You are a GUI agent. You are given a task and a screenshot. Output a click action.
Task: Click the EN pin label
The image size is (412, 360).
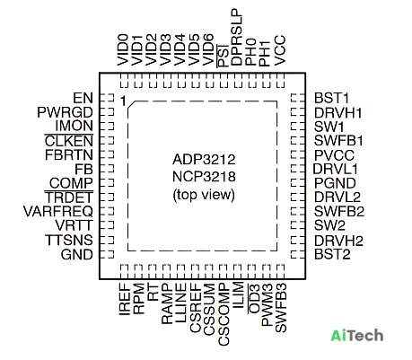coord(83,98)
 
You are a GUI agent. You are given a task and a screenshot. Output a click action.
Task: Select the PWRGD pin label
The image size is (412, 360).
coord(66,112)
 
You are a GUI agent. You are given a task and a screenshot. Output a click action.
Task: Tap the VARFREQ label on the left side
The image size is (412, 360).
coord(58,212)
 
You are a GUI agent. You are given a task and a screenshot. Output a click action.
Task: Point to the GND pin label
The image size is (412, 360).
coord(77,255)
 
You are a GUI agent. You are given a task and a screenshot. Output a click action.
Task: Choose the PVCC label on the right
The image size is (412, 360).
coord(334,155)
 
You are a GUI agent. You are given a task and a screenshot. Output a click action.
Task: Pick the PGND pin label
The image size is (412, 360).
coord(335,183)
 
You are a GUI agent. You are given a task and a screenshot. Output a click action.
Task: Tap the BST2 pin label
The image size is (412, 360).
coord(332,254)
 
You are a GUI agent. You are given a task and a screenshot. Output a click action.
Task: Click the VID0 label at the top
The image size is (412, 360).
coord(123,50)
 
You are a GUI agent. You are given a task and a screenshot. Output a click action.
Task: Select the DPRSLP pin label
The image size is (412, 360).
coord(236,37)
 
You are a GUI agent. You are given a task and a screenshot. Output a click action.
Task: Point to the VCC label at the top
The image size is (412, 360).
coord(280,50)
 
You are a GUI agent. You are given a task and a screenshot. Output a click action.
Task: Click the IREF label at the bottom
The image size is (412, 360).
coord(125,299)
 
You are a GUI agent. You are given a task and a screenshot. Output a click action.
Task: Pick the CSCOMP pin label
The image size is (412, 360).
coord(224,314)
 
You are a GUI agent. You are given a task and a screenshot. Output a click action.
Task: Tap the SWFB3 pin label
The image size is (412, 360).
coord(281,308)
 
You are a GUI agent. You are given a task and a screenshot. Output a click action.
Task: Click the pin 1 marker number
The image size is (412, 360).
coord(123,101)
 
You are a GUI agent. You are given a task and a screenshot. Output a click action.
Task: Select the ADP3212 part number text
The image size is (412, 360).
coord(204,160)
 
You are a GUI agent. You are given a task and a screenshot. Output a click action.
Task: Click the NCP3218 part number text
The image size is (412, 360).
coord(204,177)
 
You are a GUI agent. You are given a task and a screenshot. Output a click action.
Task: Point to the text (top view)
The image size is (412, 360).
coord(204,195)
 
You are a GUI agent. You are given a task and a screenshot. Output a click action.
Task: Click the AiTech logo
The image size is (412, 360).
coord(357,335)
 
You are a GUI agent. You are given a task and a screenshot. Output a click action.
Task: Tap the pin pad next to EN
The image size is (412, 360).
coord(107,98)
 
